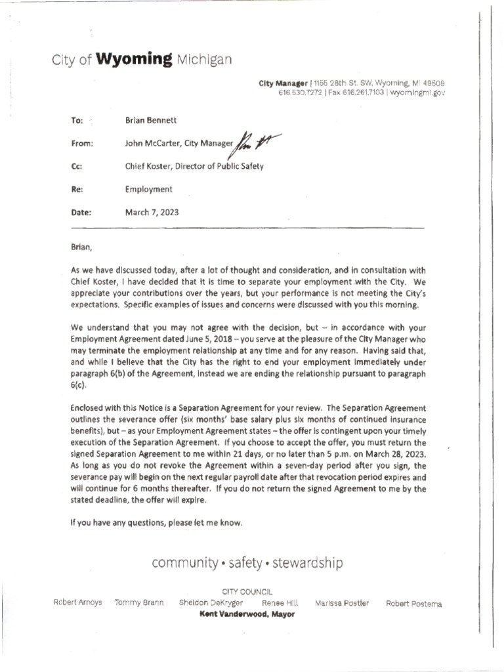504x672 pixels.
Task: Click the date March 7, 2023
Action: (152, 213)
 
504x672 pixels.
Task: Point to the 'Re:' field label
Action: (75, 190)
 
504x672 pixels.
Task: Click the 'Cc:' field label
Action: (75, 167)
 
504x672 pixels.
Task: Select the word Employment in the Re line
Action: (149, 190)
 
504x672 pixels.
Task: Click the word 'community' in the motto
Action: (184, 562)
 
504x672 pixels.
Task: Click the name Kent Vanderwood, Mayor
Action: (247, 614)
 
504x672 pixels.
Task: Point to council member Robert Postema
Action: (413, 603)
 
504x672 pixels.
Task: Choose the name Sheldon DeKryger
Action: (210, 603)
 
